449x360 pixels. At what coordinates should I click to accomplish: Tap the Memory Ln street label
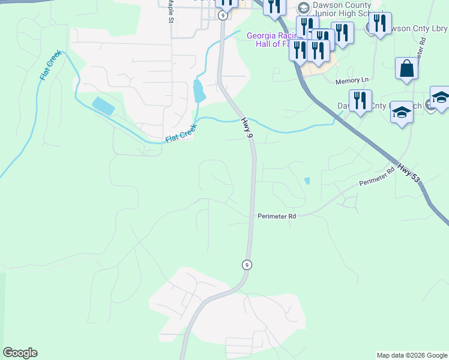351,80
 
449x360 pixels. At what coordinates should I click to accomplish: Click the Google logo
20,353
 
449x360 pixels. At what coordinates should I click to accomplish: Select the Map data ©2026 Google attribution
412,355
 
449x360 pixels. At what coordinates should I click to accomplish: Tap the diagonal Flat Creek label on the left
50,65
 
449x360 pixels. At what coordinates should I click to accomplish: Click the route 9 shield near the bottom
246,265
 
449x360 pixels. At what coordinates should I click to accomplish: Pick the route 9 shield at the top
223,15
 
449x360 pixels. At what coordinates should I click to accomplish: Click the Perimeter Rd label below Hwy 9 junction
277,216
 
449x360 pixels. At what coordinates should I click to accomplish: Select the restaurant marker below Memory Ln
360,101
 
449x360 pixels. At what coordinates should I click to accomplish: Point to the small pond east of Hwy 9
307,181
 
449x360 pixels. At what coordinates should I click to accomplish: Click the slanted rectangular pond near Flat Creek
103,106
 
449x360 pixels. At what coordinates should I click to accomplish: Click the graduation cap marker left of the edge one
402,112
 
